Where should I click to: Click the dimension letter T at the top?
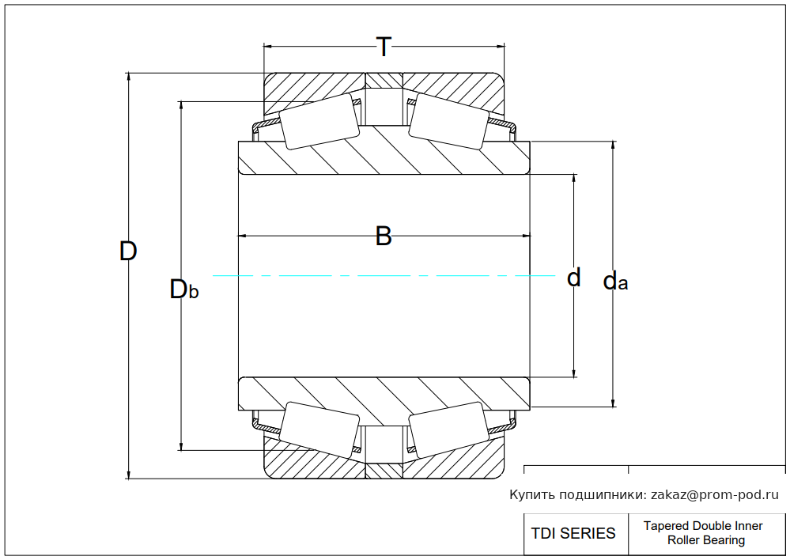[x=384, y=47]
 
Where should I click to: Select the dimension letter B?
[x=384, y=236]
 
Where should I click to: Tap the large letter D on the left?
[x=128, y=252]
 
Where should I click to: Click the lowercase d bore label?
[x=574, y=278]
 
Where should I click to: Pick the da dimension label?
[x=615, y=281]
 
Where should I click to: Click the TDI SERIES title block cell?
[x=573, y=533]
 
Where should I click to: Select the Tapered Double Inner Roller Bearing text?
[x=703, y=533]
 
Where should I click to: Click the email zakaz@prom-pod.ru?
[x=714, y=495]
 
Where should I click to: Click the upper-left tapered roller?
[x=320, y=121]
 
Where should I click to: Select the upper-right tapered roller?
[x=448, y=121]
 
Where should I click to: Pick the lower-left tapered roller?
[x=320, y=429]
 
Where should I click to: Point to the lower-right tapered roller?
[x=448, y=429]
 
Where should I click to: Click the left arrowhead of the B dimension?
[x=244, y=236]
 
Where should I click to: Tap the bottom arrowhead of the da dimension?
[x=614, y=403]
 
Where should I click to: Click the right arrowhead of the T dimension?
[x=500, y=46]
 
